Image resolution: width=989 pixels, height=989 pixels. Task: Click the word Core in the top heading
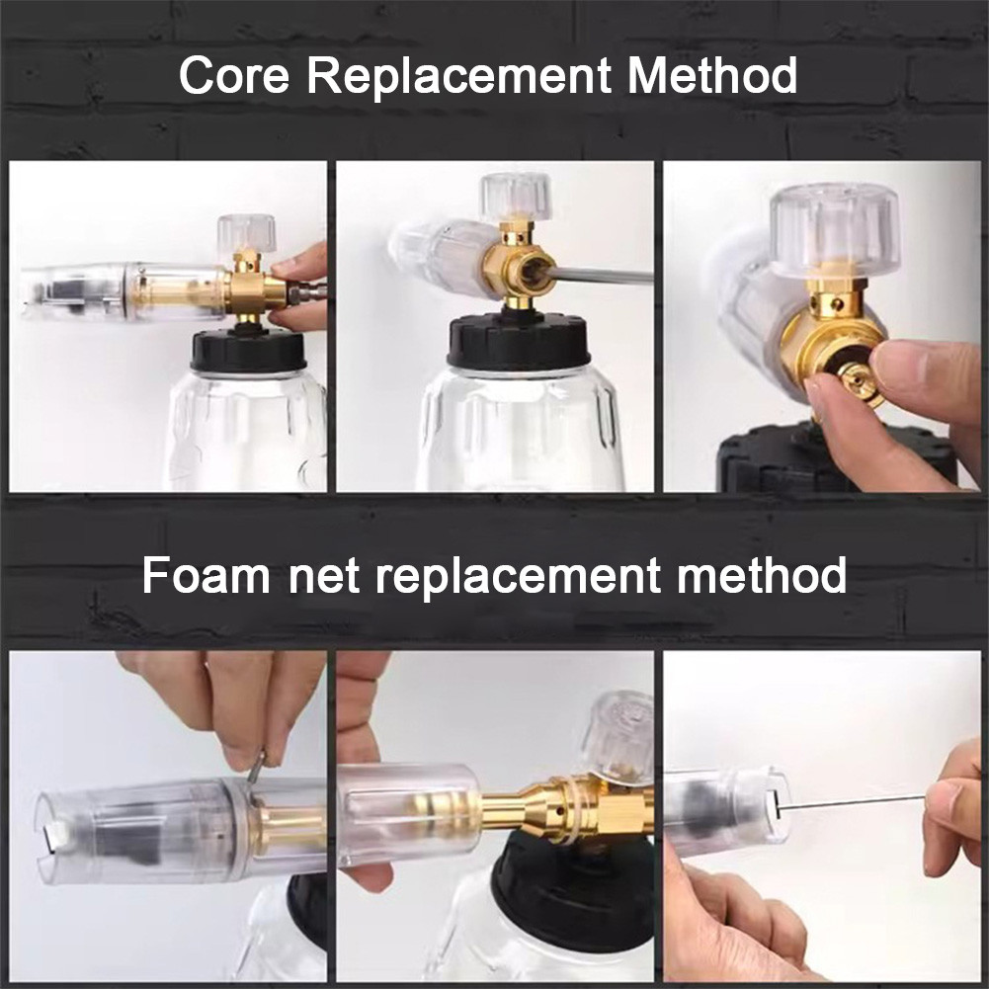(x=234, y=76)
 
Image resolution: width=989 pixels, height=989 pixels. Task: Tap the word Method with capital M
(x=712, y=76)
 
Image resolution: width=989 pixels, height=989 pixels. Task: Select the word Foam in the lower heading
(x=206, y=575)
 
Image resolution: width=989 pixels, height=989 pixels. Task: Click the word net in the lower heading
(x=324, y=577)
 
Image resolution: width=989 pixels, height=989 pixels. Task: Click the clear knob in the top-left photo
(x=247, y=232)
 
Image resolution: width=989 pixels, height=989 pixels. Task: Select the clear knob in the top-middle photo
(x=516, y=197)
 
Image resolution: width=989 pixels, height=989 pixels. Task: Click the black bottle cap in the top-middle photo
(x=519, y=341)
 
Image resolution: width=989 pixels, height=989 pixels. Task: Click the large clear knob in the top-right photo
(x=835, y=230)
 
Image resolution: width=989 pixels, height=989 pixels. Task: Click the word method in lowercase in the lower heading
(x=762, y=575)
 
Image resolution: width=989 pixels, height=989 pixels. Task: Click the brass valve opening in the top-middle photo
(x=532, y=272)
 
